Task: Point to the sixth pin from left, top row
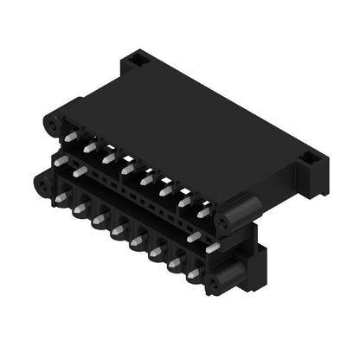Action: point(164,190)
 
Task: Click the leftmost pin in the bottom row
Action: point(61,197)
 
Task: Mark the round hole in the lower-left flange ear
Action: point(40,184)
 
